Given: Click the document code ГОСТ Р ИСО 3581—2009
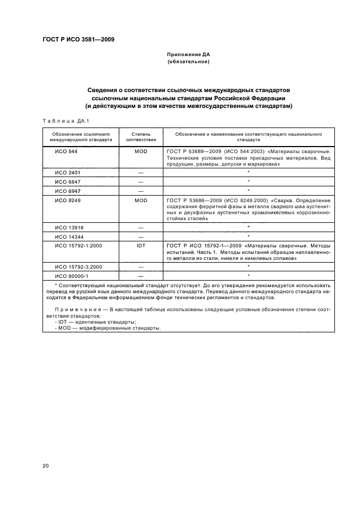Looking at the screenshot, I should pos(78,39).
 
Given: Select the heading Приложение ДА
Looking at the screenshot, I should pos(188,55).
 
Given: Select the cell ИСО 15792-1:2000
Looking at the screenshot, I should pos(78,246).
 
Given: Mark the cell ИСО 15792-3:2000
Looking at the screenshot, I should pos(78,266).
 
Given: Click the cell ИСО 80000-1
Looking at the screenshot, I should pos(71,276).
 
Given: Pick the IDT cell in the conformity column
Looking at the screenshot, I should pos(141,246).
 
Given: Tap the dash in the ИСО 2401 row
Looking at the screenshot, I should pos(141,172).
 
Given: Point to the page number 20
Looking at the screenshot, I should pos(46,465).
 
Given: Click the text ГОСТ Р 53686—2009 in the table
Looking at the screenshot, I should pos(191,201).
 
